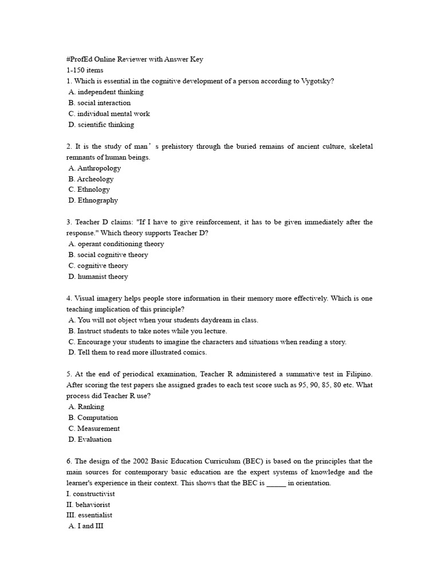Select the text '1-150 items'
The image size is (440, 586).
[85, 70]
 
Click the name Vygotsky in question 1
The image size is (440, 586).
[317, 81]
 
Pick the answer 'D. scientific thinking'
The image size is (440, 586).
[101, 125]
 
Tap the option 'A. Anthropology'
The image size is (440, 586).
[95, 168]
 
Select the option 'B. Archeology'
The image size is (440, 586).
[91, 179]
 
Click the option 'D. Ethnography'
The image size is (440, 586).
[93, 201]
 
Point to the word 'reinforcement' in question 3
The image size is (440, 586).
[220, 222]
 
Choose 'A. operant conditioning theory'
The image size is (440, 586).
[116, 244]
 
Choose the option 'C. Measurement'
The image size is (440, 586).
[95, 429]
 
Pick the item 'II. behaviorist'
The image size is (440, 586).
[89, 505]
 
